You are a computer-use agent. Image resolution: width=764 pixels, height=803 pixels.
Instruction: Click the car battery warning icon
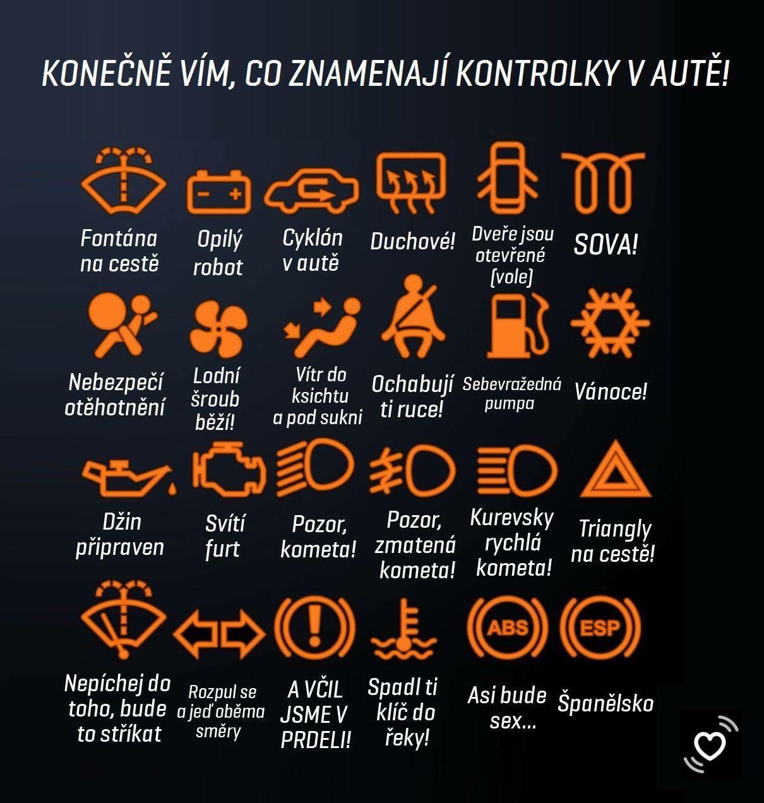(218, 191)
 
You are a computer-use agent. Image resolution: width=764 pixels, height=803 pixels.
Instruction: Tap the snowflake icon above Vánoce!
(610, 323)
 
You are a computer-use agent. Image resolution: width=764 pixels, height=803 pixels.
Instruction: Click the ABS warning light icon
(508, 628)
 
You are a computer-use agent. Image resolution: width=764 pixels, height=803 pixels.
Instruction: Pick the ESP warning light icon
(600, 628)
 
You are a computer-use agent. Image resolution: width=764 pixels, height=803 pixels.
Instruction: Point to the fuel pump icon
(518, 325)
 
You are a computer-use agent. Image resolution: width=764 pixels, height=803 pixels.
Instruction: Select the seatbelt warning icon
(413, 316)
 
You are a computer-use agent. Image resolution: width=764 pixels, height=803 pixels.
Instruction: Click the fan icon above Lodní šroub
(218, 330)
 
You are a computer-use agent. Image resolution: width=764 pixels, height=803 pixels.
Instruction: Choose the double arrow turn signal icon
(219, 634)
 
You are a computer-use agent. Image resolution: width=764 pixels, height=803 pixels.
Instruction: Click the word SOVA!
(606, 245)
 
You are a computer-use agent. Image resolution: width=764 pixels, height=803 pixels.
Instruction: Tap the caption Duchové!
(412, 241)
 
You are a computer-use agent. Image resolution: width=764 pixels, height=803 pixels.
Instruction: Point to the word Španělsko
(606, 703)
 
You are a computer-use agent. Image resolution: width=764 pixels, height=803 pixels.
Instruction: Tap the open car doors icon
(507, 178)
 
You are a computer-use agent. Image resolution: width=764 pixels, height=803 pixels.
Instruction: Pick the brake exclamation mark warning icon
(314, 628)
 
